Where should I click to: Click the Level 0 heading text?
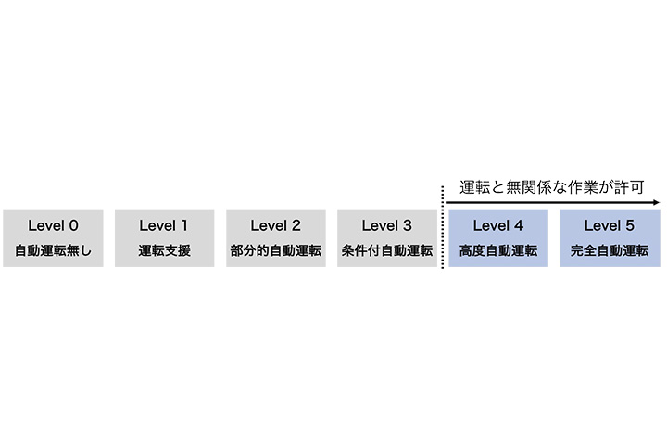tap(53, 225)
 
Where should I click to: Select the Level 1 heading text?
tap(164, 225)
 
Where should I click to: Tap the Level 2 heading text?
tap(276, 225)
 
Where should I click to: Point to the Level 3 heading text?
tap(387, 225)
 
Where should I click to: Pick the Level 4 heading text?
tap(498, 225)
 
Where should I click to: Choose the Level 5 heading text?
tap(610, 225)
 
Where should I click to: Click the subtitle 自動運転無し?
tap(53, 250)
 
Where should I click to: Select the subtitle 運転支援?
tap(164, 250)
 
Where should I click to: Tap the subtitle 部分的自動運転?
tap(276, 250)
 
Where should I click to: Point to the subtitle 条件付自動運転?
tap(387, 250)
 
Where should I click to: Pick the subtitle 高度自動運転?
tap(498, 250)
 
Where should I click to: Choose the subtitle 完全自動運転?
tap(610, 250)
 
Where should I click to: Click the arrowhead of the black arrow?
tap(657, 203)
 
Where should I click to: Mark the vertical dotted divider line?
tap(443, 227)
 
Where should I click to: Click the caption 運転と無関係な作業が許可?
tap(552, 187)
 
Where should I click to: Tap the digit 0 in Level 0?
tap(73, 225)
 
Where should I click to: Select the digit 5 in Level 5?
tap(630, 225)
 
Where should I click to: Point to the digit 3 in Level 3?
tap(408, 225)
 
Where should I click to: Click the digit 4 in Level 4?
tap(519, 225)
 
